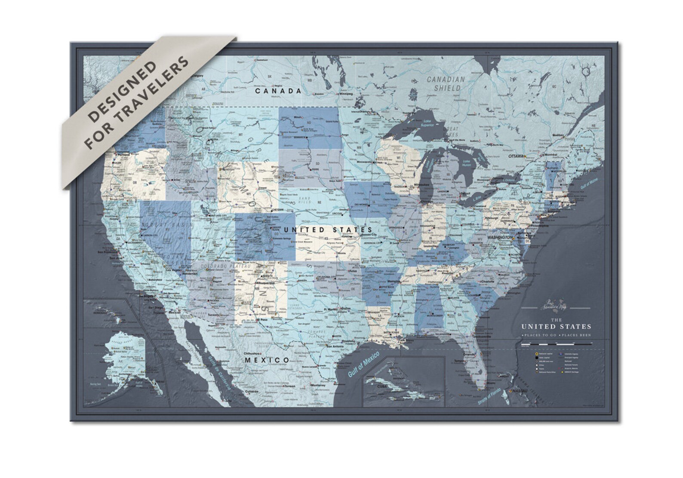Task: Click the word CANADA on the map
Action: [277, 91]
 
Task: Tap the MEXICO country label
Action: [267, 360]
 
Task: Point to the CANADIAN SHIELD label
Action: [446, 83]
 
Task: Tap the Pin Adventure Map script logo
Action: [556, 307]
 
